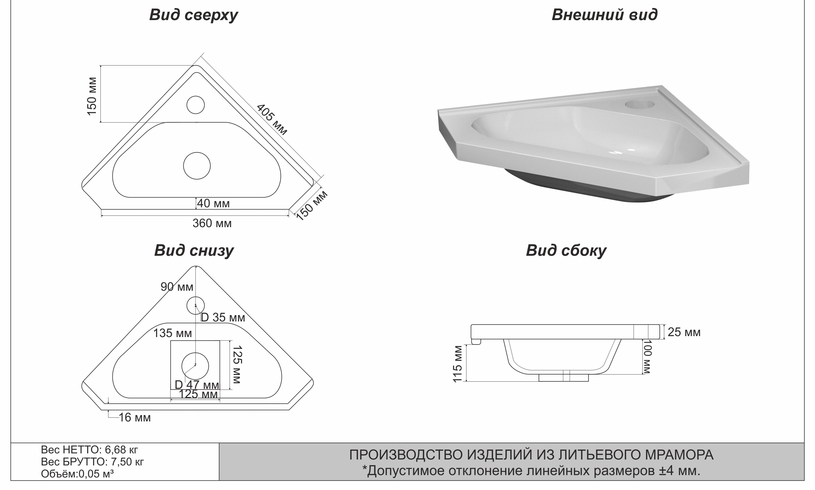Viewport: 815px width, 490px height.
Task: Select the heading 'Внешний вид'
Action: click(x=605, y=15)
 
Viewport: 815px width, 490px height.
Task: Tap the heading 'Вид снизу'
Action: click(x=194, y=251)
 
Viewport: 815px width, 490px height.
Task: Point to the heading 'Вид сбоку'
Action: click(x=566, y=251)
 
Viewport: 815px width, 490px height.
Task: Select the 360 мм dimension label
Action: click(x=212, y=224)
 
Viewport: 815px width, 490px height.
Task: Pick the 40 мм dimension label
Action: click(x=213, y=203)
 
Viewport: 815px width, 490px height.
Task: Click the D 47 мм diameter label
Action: click(x=197, y=385)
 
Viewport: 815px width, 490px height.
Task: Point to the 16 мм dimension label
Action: click(x=135, y=418)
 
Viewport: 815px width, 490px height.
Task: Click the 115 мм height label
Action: click(x=458, y=364)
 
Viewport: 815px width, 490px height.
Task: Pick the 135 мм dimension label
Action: click(x=172, y=333)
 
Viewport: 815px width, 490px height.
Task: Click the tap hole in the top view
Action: click(x=196, y=105)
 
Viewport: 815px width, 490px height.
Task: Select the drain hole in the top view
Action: click(x=197, y=166)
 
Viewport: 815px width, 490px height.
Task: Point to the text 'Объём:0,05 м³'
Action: click(x=77, y=474)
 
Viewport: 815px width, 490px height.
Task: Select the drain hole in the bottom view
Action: click(x=195, y=366)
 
